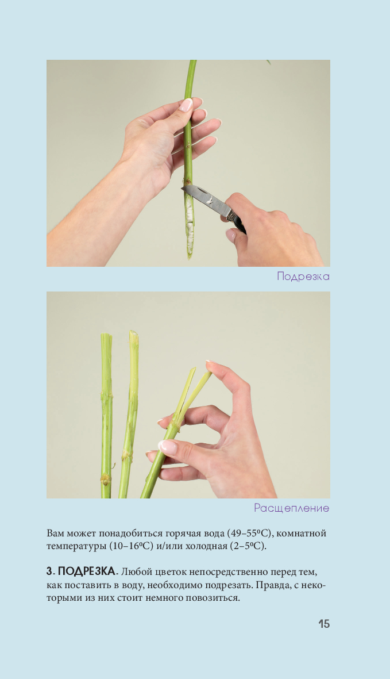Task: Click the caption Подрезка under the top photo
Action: tap(303, 277)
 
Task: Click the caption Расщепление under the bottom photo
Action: tap(291, 508)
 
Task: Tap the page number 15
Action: tap(324, 624)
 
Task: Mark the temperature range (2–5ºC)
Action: tap(248, 546)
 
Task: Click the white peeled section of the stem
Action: tap(189, 221)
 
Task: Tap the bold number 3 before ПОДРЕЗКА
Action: tap(49, 571)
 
